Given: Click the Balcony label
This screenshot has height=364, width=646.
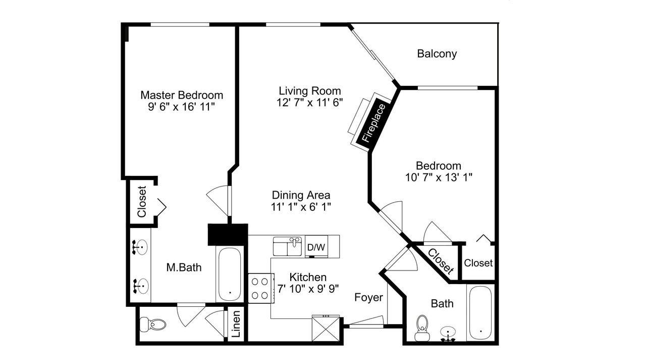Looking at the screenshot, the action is click(437, 54).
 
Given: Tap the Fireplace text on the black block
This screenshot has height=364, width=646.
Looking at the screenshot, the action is click(374, 123).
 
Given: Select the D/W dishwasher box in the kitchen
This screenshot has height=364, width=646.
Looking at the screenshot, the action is click(316, 247).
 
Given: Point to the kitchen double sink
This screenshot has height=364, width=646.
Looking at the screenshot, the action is click(287, 246).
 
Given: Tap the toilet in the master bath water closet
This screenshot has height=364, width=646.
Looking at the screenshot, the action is click(153, 325).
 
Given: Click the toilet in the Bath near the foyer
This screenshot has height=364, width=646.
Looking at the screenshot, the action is click(422, 328).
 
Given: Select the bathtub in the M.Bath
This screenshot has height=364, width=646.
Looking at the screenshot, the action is click(230, 274).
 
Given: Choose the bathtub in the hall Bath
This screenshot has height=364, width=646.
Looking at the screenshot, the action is click(480, 313).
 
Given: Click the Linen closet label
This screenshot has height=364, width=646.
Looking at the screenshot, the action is click(236, 324).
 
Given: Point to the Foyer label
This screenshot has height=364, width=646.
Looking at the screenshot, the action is click(368, 298).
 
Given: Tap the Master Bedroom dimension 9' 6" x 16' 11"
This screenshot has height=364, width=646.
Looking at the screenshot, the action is click(182, 107).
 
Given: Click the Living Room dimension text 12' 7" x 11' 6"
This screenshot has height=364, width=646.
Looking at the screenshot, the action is click(310, 103).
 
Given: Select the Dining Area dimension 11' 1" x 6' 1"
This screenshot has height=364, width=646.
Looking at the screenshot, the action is click(301, 207).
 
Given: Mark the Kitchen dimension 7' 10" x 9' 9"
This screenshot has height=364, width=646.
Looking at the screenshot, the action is click(308, 289).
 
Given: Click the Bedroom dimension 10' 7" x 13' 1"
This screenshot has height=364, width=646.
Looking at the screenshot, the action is click(439, 177).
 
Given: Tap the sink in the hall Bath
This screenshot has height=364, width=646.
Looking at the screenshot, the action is click(448, 334).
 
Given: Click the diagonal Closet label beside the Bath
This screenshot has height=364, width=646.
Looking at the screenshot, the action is click(441, 261).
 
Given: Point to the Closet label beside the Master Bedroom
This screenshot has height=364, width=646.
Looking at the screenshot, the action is click(142, 202).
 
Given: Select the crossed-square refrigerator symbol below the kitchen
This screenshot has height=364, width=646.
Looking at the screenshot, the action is click(326, 329).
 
